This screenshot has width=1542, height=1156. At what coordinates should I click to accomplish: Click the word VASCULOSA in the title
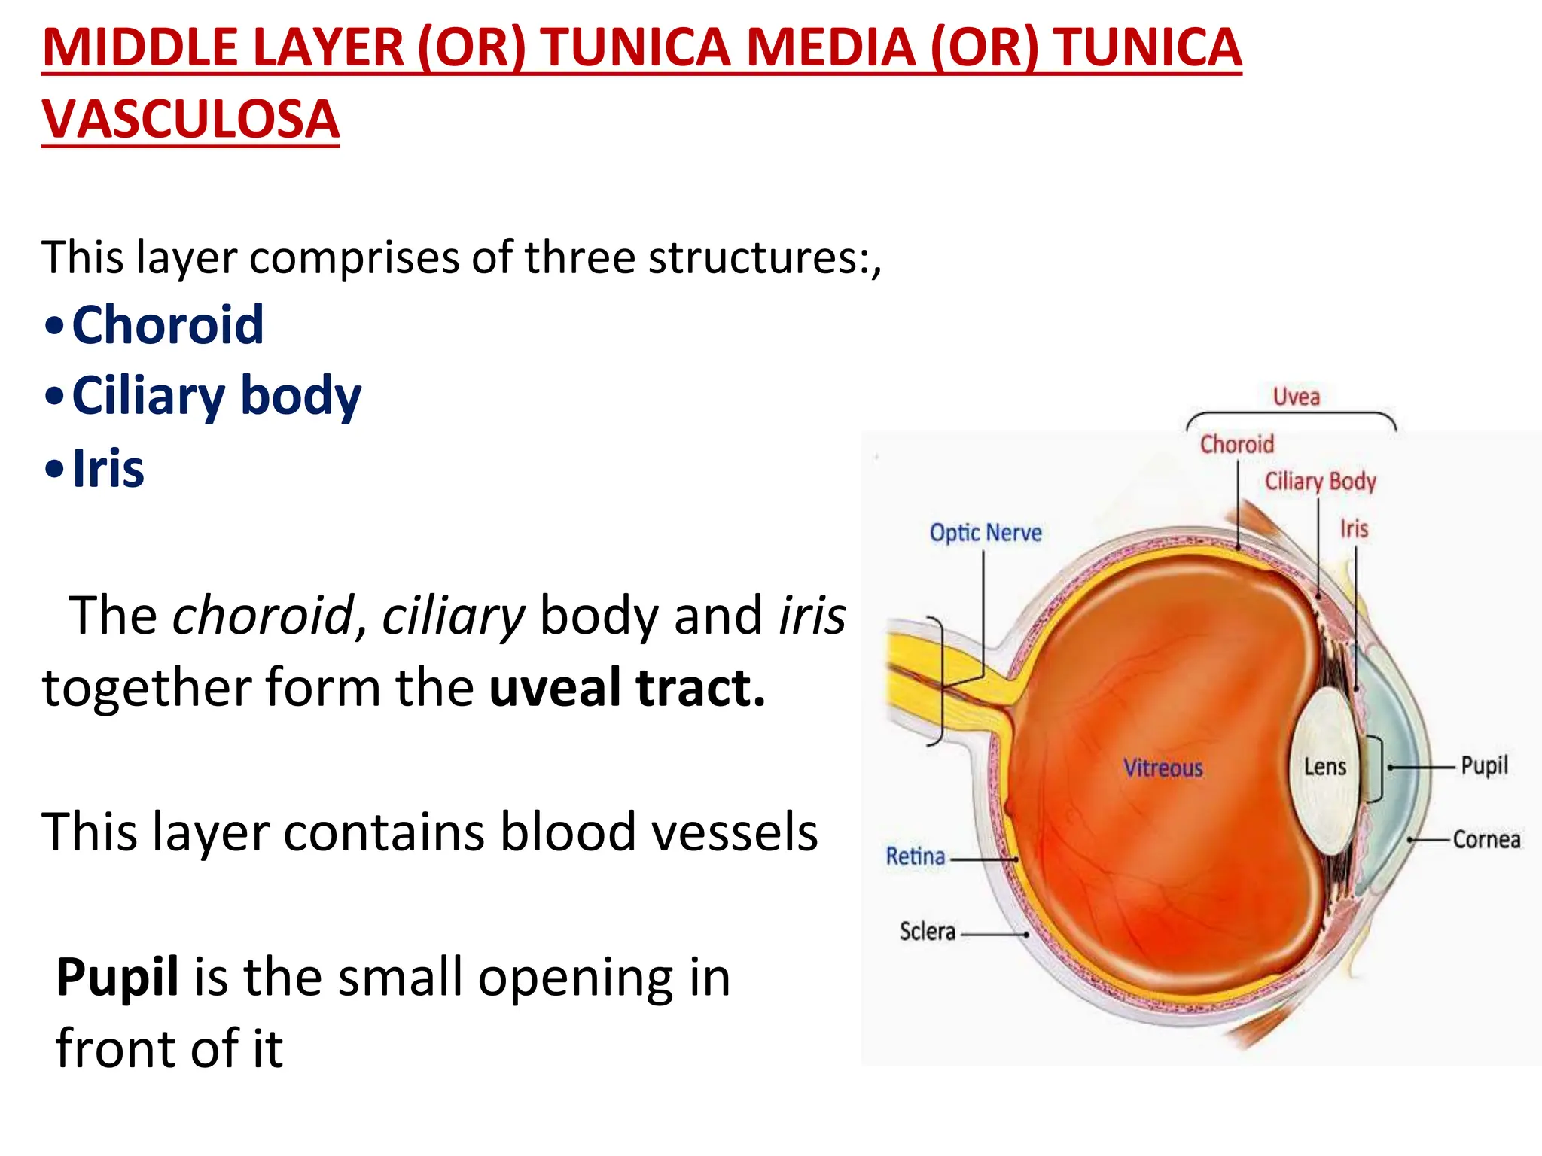(190, 119)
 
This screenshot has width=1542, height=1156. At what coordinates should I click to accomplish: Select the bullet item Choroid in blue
(167, 325)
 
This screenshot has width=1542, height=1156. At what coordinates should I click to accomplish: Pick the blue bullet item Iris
(108, 468)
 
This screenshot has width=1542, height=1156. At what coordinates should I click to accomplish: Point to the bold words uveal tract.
(627, 687)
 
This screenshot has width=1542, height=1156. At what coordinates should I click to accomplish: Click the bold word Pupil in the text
(117, 977)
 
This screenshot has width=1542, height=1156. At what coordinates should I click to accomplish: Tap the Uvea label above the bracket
(1296, 397)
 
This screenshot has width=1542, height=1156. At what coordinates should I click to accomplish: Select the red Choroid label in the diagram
(1236, 444)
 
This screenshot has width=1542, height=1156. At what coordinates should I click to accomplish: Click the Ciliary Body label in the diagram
(1320, 481)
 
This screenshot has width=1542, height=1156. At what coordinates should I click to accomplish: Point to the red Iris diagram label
(1354, 528)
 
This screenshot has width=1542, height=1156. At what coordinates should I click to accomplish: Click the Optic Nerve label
(986, 533)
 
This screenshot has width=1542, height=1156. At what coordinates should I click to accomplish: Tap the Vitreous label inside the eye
(1163, 768)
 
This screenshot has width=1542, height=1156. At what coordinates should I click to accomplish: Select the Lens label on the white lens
(1324, 767)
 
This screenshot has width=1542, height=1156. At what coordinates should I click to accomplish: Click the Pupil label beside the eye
(1484, 765)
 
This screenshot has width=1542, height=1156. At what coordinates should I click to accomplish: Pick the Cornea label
(1486, 839)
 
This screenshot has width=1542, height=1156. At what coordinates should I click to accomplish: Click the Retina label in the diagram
(915, 856)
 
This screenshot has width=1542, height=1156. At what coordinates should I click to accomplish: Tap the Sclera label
(927, 932)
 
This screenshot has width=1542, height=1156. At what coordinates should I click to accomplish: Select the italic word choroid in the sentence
(263, 616)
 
